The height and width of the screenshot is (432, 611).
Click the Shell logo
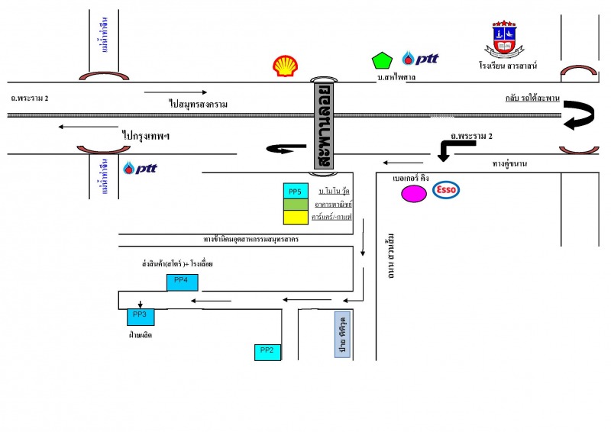pos(286,66)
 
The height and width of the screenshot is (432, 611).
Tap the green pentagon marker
pos(380,60)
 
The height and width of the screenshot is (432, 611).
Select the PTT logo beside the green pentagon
pos(420,59)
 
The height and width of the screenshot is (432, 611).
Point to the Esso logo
pos(445,191)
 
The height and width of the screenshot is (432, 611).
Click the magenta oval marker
pos(414,194)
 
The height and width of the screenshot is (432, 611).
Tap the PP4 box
pos(182,282)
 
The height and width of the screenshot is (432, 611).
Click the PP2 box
pos(267,351)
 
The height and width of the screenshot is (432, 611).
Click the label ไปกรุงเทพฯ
pos(145,135)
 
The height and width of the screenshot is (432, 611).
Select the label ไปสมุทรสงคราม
pos(199,103)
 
